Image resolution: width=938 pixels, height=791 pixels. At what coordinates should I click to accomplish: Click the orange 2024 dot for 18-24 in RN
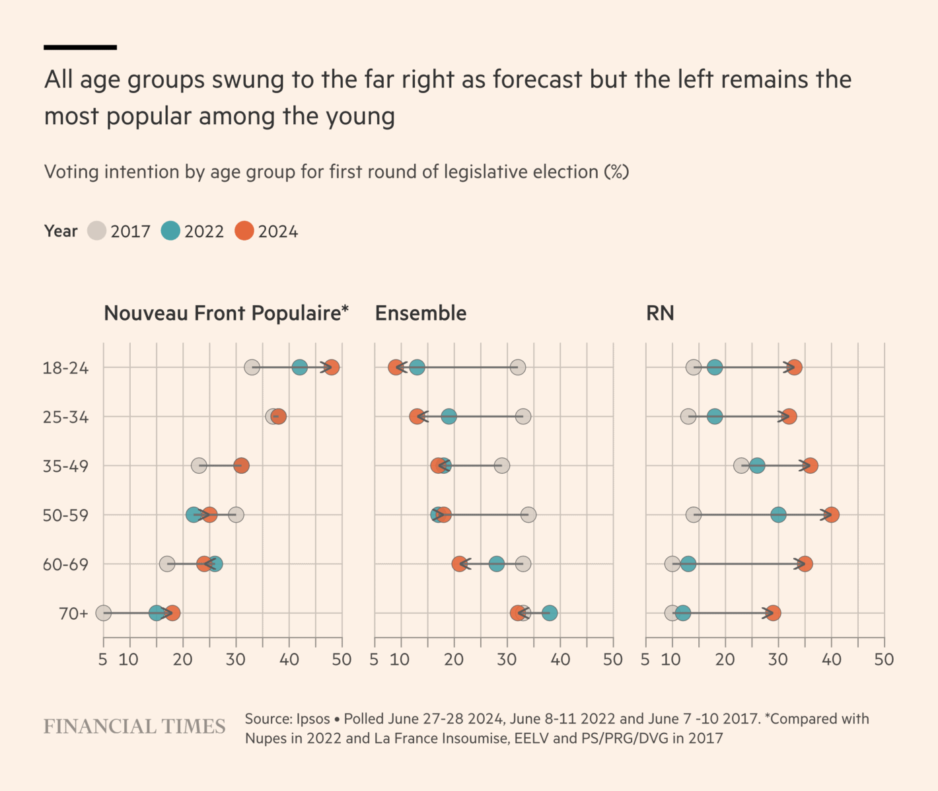coord(795,367)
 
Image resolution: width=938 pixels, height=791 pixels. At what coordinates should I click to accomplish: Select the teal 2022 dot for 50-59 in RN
coord(778,515)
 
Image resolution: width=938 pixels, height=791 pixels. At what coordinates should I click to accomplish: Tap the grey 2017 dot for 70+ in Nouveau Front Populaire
coord(104,613)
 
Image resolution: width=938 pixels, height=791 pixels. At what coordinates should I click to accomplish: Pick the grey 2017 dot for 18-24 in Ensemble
coord(518,367)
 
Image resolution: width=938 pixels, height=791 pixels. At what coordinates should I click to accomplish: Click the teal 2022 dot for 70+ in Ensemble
coord(550,613)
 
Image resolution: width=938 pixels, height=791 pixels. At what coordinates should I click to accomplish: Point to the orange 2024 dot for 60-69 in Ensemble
coord(459,564)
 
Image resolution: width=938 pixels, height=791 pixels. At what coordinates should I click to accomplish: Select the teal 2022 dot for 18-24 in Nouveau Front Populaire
coord(299,367)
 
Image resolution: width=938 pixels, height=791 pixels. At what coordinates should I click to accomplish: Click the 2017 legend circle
coord(97,231)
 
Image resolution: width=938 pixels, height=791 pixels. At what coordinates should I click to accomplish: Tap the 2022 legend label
coord(204,232)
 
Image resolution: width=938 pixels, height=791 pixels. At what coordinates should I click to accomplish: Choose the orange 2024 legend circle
coord(244,231)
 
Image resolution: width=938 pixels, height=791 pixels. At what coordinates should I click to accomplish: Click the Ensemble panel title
coord(421,313)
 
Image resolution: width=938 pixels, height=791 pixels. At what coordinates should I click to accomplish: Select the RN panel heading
coord(660,313)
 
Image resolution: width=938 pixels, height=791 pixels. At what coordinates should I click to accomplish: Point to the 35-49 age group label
coord(65,467)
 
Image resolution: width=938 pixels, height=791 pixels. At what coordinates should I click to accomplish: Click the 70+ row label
coord(73,614)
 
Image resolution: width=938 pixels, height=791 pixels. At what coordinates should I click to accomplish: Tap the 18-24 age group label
coord(65,368)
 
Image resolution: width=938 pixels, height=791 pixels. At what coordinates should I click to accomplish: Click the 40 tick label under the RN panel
coord(831,659)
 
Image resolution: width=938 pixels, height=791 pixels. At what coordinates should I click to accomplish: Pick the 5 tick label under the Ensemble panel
coord(374,659)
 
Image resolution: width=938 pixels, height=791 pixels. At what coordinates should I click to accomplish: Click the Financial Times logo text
coord(135,727)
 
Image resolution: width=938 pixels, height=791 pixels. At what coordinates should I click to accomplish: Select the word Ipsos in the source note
coord(312,719)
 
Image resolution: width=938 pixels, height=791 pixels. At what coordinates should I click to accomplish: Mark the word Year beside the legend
coord(61,231)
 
